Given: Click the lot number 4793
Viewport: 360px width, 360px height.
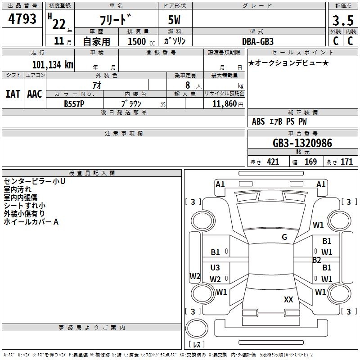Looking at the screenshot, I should [22, 20].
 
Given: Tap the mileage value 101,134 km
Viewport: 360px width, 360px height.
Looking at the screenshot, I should [52, 64].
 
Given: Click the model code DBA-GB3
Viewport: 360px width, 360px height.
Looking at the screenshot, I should [257, 41].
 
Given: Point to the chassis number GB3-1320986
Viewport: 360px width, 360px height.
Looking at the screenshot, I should [302, 144].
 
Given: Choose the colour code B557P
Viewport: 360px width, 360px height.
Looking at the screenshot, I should [74, 103].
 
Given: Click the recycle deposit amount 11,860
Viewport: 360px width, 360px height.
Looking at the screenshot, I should [223, 103].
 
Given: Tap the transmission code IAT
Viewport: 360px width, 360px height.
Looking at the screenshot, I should [13, 94].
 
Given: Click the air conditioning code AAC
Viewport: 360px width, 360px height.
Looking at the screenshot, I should [35, 94].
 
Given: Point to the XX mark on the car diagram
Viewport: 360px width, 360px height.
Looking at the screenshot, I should [288, 299].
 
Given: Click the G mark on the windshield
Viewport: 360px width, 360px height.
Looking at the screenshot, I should [284, 237].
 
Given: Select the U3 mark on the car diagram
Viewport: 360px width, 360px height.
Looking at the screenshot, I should [215, 268].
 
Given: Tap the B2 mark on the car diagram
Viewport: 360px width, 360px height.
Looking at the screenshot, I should [317, 260].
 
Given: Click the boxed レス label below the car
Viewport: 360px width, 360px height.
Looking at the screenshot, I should [197, 345].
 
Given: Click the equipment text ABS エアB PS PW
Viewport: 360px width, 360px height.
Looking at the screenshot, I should [280, 121].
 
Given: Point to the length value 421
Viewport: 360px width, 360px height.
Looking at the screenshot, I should [272, 162].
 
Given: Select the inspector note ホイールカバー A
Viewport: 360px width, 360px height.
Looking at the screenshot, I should [31, 222].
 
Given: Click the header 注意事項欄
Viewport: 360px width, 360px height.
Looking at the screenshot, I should [124, 134].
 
